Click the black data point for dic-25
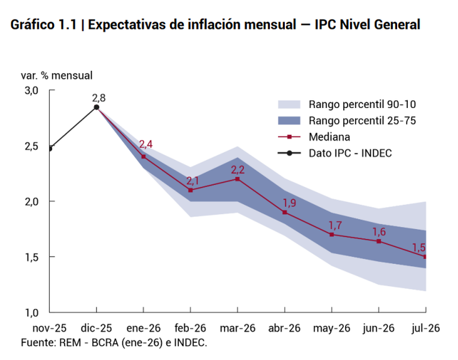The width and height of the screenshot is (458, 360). coord(97,107)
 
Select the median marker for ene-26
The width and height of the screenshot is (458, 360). coord(144,156)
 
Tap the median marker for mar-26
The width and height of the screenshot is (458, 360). coord(238,179)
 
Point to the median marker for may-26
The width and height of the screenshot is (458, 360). coord(332,235)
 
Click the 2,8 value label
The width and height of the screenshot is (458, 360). coord(99,97)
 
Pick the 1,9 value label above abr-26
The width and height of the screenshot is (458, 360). coord(290,203)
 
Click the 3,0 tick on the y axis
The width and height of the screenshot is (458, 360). coord(31,90)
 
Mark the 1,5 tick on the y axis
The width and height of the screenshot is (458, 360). coord(31,257)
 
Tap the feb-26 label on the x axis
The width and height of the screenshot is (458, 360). coord(191,328)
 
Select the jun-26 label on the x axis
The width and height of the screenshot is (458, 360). coord(379,328)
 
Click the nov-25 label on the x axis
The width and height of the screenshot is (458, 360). coord(50,328)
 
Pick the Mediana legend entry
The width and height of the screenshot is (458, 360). coord(329,136)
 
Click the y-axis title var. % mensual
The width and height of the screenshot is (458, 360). coord(56,75)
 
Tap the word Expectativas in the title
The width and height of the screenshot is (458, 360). coord(132,25)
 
